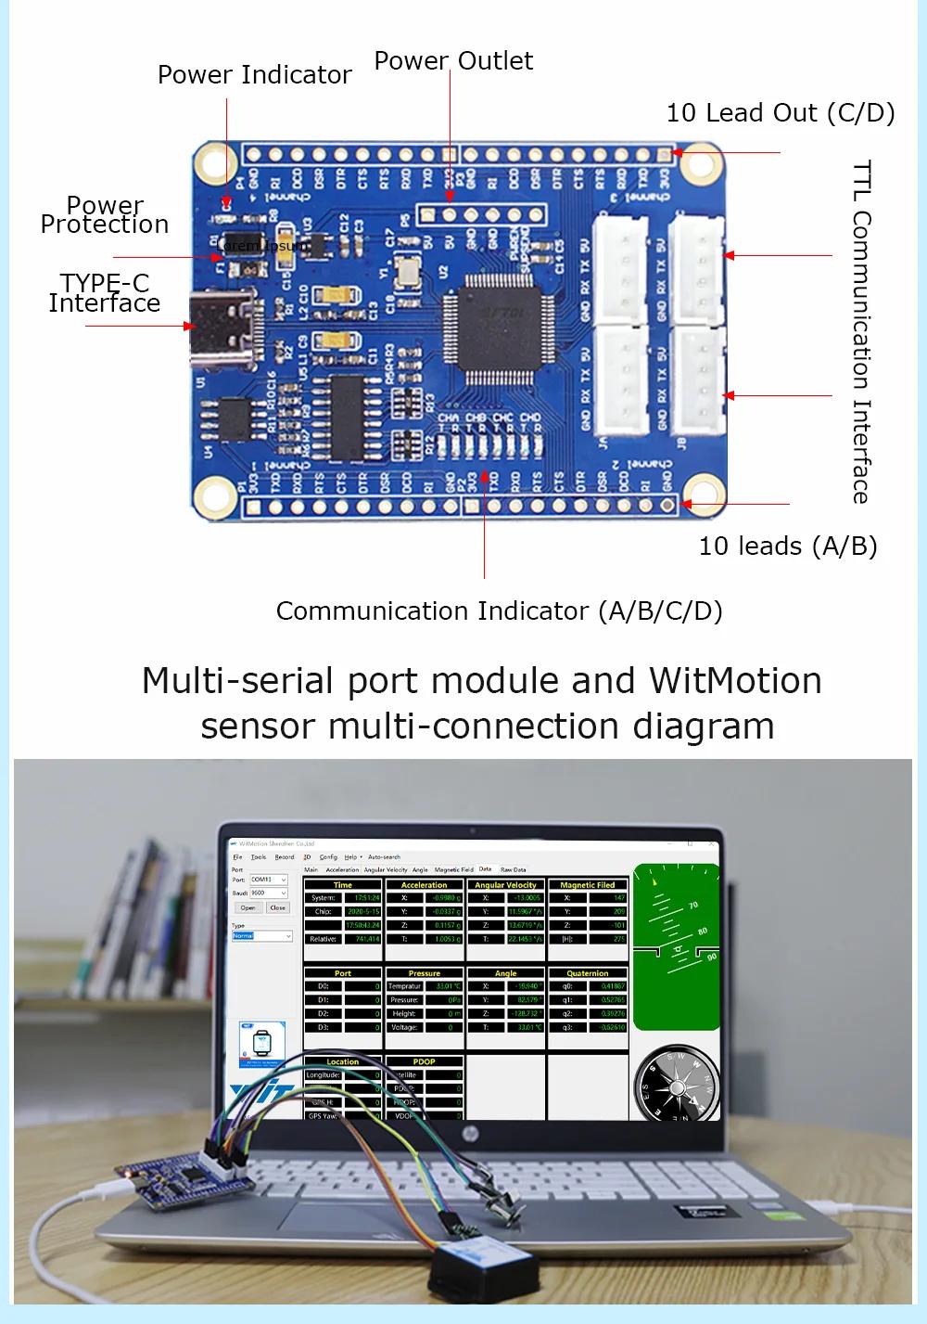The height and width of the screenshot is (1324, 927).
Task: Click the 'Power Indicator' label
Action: [x=254, y=75]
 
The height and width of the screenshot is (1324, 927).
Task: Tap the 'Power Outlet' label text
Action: [x=453, y=61]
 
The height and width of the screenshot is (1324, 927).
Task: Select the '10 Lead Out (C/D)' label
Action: [x=781, y=113]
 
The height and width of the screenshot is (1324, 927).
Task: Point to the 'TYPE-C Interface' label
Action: [x=104, y=293]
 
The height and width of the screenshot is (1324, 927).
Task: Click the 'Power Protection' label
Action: [x=105, y=215]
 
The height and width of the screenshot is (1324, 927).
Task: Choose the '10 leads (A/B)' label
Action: [x=788, y=546]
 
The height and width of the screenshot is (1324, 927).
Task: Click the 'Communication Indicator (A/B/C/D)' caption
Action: [x=499, y=611]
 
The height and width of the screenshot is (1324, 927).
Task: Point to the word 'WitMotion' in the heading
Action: [x=735, y=681]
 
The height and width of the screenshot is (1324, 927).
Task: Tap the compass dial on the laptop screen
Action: [x=676, y=1084]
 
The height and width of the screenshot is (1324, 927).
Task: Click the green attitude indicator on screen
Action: [x=676, y=945]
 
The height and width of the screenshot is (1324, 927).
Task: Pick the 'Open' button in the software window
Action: [x=248, y=907]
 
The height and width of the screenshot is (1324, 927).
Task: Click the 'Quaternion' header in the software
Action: [x=587, y=973]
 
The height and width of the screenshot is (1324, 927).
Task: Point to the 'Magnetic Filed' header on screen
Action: [x=587, y=885]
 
